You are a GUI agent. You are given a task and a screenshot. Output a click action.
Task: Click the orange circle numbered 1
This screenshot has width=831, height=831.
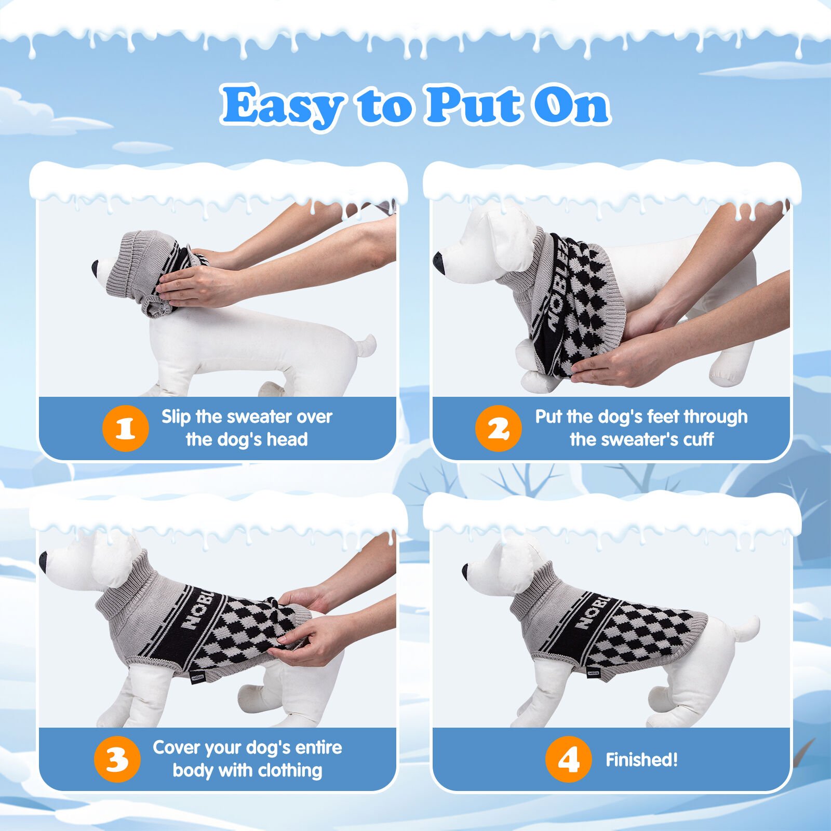click(x=126, y=428)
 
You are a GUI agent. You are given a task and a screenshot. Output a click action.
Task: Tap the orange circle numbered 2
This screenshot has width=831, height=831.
click(x=498, y=428)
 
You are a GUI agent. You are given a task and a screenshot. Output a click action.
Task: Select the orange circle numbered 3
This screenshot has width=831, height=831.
click(x=117, y=759)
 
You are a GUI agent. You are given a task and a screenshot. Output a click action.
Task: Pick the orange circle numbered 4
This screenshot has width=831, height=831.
click(x=569, y=759)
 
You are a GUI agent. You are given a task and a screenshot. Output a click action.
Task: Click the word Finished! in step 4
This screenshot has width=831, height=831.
click(x=642, y=760)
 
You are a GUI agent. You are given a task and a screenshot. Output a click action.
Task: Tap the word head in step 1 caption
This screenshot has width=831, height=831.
click(x=287, y=439)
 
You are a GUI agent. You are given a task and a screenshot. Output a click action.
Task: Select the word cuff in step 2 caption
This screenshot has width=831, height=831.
click(x=699, y=439)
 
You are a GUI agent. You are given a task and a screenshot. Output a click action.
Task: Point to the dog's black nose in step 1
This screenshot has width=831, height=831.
click(x=96, y=267)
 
